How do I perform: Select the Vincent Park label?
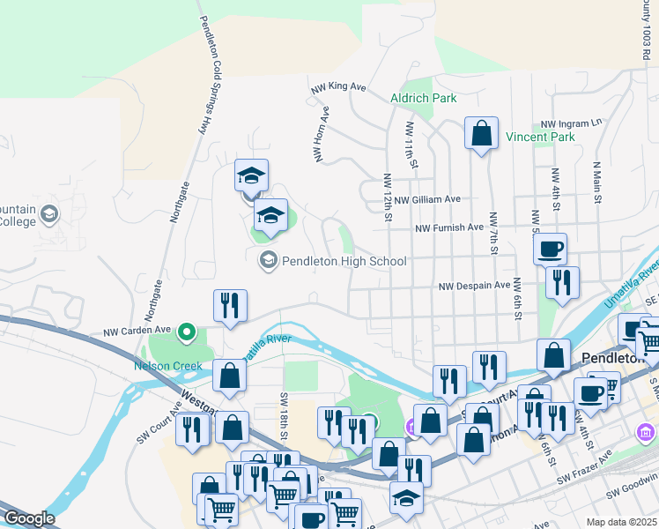(x=540, y=137)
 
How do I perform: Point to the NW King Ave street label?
(x=338, y=87)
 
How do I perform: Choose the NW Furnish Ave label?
(x=449, y=227)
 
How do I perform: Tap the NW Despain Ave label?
(x=475, y=286)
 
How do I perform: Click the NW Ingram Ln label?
(x=571, y=122)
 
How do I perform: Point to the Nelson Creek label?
(x=167, y=366)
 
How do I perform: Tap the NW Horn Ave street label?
(x=321, y=134)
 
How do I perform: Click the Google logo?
(x=29, y=518)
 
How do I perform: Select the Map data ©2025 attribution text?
(x=621, y=522)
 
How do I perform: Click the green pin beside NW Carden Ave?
(x=186, y=332)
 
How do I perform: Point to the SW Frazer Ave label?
(x=584, y=469)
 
